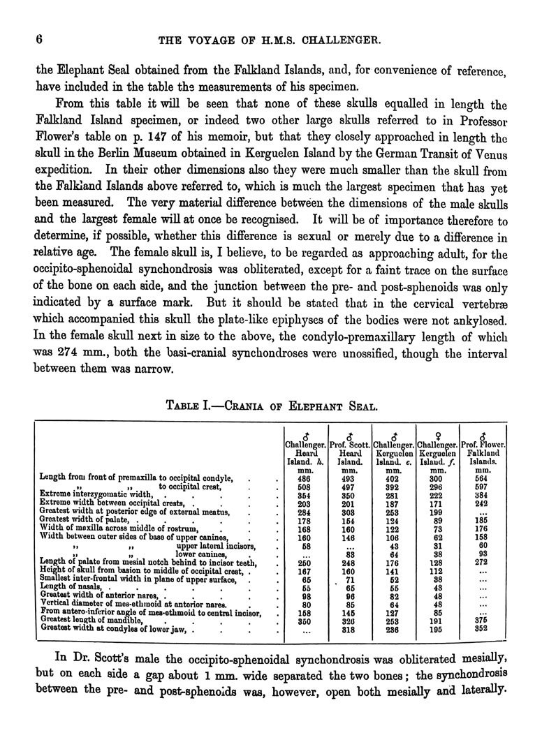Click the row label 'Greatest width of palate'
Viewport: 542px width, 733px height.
pyautogui.click(x=87, y=521)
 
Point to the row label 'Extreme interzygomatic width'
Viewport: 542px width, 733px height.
pyautogui.click(x=94, y=495)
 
